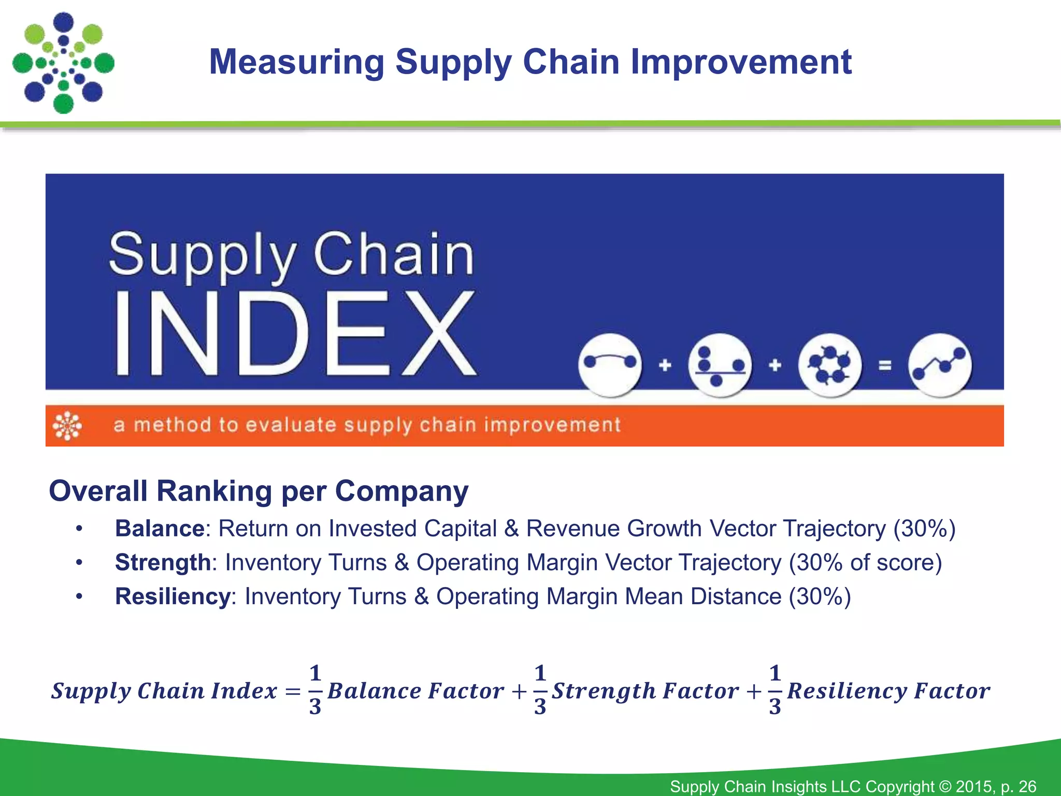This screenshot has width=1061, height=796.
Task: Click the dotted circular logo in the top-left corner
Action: point(63,63)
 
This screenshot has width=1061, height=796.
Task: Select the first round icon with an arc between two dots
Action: point(610,365)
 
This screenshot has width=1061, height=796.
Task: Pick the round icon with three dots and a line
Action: point(720,365)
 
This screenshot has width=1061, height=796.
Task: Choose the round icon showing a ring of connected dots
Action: point(830,365)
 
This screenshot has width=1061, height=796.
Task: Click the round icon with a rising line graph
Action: point(940,365)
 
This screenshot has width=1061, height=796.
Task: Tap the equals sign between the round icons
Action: point(885,365)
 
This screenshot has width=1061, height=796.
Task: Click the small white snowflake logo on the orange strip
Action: point(67,425)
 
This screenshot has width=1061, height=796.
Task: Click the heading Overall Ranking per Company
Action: point(259,491)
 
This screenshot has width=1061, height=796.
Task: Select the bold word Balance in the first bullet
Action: point(160,529)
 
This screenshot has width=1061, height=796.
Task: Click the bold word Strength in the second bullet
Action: point(163,562)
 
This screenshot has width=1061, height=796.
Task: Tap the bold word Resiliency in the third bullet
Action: point(173,596)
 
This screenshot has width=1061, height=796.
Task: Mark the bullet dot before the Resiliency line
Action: point(79,596)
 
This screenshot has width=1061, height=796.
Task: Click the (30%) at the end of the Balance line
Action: point(924,529)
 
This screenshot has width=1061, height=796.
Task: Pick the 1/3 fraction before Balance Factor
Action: point(315,690)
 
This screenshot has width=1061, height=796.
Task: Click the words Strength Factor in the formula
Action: point(645,691)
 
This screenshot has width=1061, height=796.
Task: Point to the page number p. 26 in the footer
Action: point(1019,786)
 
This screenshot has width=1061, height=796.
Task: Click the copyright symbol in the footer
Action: point(945,786)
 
